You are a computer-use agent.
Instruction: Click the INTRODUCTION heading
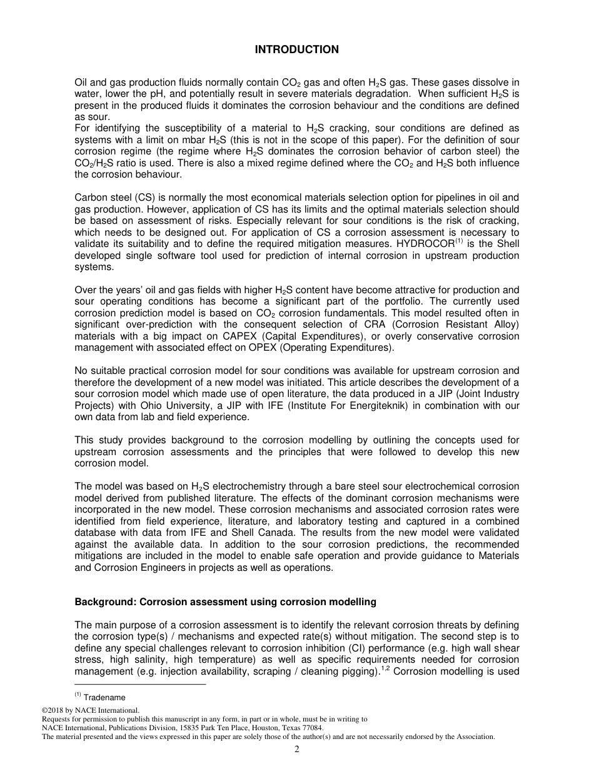[296, 50]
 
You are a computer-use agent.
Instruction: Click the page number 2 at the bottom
[297, 749]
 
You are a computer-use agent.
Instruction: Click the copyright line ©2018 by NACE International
[90, 710]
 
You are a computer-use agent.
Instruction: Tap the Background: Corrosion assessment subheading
[225, 602]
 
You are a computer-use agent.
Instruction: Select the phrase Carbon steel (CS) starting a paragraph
[109, 198]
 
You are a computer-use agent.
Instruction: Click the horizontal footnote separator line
[140, 685]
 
